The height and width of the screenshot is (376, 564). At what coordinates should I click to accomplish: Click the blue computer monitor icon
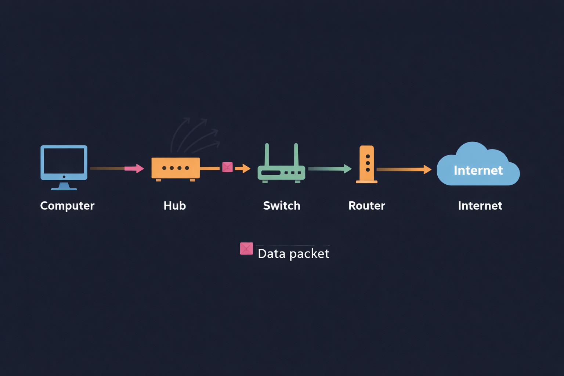[x=64, y=162]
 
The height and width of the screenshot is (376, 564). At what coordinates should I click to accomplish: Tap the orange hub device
[x=176, y=168]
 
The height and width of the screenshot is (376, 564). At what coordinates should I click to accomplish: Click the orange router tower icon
[x=367, y=164]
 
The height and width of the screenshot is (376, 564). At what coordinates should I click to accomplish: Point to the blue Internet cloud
[x=477, y=165]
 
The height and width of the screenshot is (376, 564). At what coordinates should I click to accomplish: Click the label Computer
[x=67, y=206]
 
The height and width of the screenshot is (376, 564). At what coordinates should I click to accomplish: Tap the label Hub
[x=175, y=206]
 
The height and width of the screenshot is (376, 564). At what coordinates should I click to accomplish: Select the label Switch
[x=282, y=206]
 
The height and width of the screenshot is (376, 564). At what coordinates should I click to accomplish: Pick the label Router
[x=366, y=206]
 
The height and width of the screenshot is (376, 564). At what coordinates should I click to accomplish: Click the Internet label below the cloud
[x=480, y=206]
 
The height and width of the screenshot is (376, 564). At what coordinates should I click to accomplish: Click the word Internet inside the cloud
[x=478, y=170]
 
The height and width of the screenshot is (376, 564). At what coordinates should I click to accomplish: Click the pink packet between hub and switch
[x=227, y=167]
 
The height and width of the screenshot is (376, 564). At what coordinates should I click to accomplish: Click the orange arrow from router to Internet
[x=404, y=169]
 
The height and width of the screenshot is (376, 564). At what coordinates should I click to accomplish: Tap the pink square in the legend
[x=246, y=249]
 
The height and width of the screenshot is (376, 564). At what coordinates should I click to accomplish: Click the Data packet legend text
[x=293, y=253]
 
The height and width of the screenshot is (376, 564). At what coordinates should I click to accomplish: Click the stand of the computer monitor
[x=64, y=186]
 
